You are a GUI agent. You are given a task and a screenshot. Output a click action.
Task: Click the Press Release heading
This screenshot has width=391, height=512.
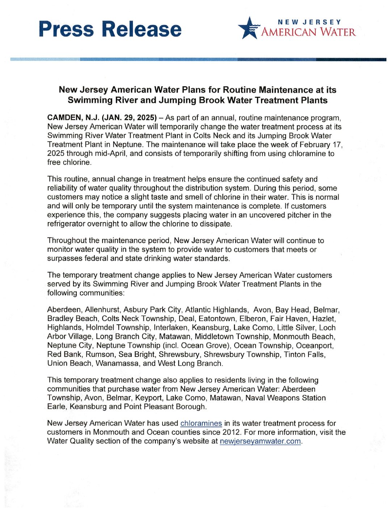coord(110,29)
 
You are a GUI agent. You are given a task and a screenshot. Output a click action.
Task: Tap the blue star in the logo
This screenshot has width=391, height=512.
coord(248,28)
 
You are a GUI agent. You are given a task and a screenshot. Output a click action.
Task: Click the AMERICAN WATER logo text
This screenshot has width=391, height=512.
coord(308,32)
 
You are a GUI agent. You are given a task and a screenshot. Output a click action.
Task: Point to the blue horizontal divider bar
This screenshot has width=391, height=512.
coord(198,59)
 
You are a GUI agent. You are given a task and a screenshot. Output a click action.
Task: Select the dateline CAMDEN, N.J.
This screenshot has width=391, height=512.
coord(73,118)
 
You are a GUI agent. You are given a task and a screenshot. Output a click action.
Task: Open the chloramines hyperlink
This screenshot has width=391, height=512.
coord(201,423)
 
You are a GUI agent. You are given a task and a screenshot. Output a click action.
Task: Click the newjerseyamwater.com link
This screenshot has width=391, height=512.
coord(260,441)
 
